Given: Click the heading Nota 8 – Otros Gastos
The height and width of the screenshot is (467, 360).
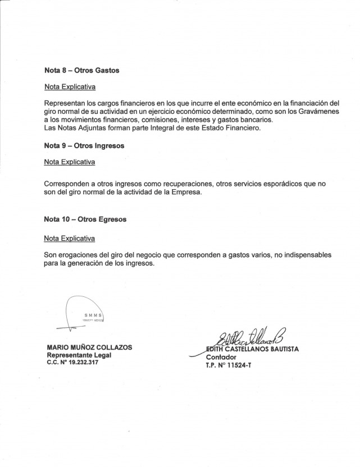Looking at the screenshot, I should pos(81,71).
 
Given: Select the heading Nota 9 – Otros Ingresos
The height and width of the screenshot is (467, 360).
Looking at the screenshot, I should pos(84,145).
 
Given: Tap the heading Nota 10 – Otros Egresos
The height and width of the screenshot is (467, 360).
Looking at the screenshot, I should pos(85,219).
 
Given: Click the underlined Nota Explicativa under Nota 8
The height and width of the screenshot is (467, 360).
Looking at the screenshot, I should pos(70,88).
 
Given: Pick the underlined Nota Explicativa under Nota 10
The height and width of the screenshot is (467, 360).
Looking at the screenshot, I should pos(70,238).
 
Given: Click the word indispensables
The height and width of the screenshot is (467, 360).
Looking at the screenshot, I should pos(306,255).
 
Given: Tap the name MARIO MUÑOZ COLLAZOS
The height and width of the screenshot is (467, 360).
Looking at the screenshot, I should pos(89,347).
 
